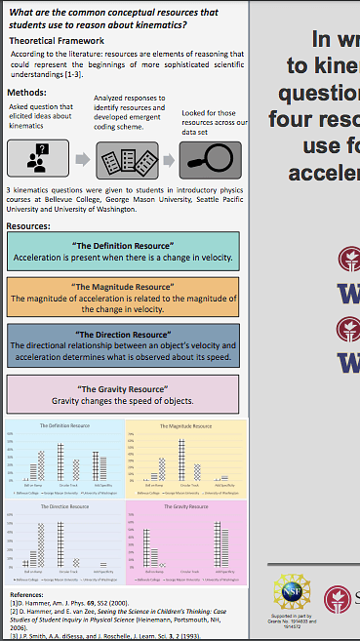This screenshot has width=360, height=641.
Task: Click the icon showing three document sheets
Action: click(128, 158)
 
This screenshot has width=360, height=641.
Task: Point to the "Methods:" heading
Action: click(28, 87)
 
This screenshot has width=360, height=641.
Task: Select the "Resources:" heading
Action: click(28, 225)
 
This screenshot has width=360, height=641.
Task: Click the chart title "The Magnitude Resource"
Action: click(186, 426)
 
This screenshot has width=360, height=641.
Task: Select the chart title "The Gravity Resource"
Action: click(186, 508)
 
